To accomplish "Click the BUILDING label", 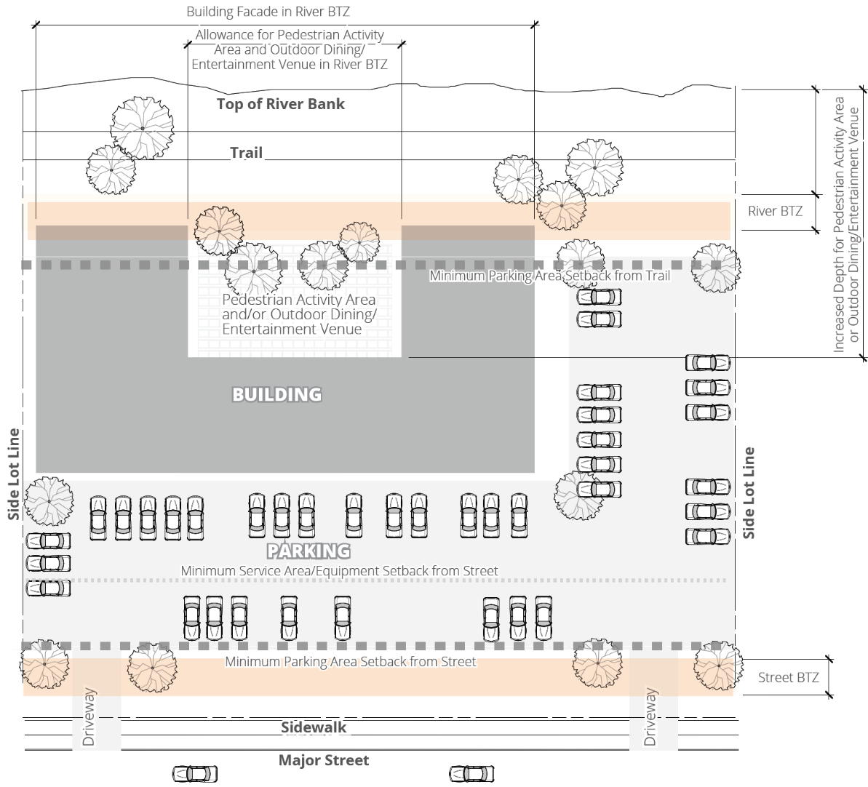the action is (x=276, y=394).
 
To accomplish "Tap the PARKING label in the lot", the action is (x=308, y=551).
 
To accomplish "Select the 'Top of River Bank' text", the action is (x=281, y=103).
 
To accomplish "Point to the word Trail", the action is (x=247, y=153).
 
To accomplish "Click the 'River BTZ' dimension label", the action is (x=776, y=211).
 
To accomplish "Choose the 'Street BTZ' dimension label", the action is (x=788, y=677).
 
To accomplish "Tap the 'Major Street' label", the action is (x=324, y=760).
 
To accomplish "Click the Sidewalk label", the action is (x=314, y=727).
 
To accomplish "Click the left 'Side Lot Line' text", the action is (x=14, y=474).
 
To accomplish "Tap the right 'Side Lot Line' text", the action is (x=749, y=492).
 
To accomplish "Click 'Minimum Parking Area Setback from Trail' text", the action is (x=549, y=276).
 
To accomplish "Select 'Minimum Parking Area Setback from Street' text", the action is (x=350, y=662).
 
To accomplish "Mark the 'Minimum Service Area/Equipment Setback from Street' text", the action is (x=339, y=571).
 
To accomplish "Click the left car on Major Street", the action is (x=194, y=773).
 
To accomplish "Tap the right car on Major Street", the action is (x=471, y=773).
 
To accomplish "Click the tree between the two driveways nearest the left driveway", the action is (x=152, y=666).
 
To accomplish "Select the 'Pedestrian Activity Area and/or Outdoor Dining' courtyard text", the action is (x=299, y=314).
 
